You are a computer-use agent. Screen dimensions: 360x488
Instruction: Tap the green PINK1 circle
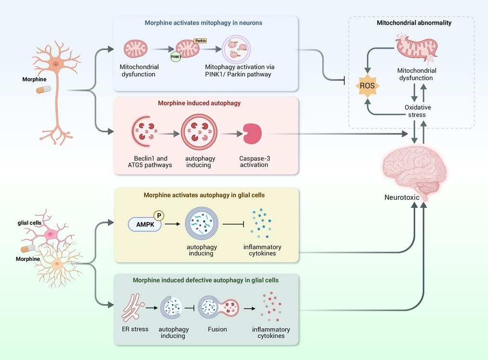tap(175, 56)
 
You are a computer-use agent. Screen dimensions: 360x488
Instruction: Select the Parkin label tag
tap(200, 41)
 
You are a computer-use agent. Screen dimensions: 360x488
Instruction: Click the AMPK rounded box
tap(145, 224)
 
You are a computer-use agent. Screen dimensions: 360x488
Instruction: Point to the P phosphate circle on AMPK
tap(159, 216)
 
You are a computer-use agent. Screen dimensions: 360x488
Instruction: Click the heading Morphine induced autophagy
tap(206, 103)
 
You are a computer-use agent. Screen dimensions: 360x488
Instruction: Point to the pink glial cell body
tap(51, 234)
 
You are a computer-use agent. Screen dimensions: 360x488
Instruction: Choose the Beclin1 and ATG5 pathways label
tap(151, 162)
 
